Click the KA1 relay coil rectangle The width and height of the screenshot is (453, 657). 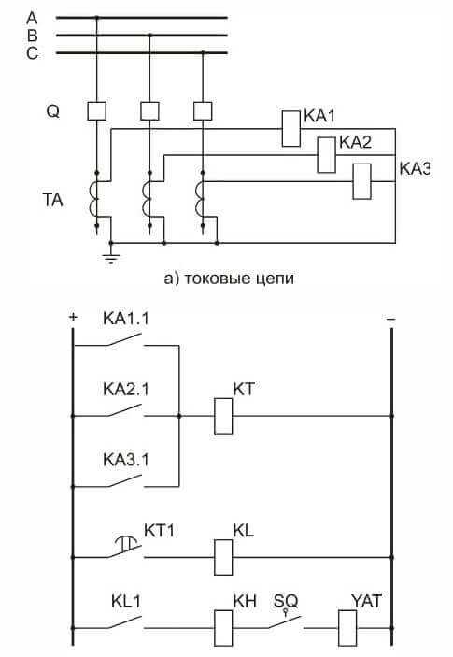pos(291,129)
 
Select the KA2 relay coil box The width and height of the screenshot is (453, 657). pos(327,155)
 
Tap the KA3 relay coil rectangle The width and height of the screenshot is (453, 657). pos(362,181)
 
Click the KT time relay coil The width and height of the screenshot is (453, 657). pos(223,416)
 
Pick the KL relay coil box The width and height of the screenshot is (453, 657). pos(223,557)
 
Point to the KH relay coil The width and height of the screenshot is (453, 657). pos(223,628)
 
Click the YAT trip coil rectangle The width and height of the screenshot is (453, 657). pos(347,628)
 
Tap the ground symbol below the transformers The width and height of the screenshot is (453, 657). pos(111,255)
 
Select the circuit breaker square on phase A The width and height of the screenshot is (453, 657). pos(97,111)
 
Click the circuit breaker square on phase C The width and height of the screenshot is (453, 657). pos(203,111)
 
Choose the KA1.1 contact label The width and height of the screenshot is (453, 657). pos(125,319)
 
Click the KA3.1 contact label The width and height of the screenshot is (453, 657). pos(125,460)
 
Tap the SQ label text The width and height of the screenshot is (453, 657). pos(286,602)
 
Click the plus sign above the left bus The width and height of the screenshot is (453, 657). pos(73,317)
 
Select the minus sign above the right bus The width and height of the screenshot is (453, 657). pos(390,320)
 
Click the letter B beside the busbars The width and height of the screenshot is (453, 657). pos(33,36)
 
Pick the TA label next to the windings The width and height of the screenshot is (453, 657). pos(52,200)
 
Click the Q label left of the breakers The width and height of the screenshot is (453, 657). pos(52,112)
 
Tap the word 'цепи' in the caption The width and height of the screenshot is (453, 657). pos(275,279)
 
